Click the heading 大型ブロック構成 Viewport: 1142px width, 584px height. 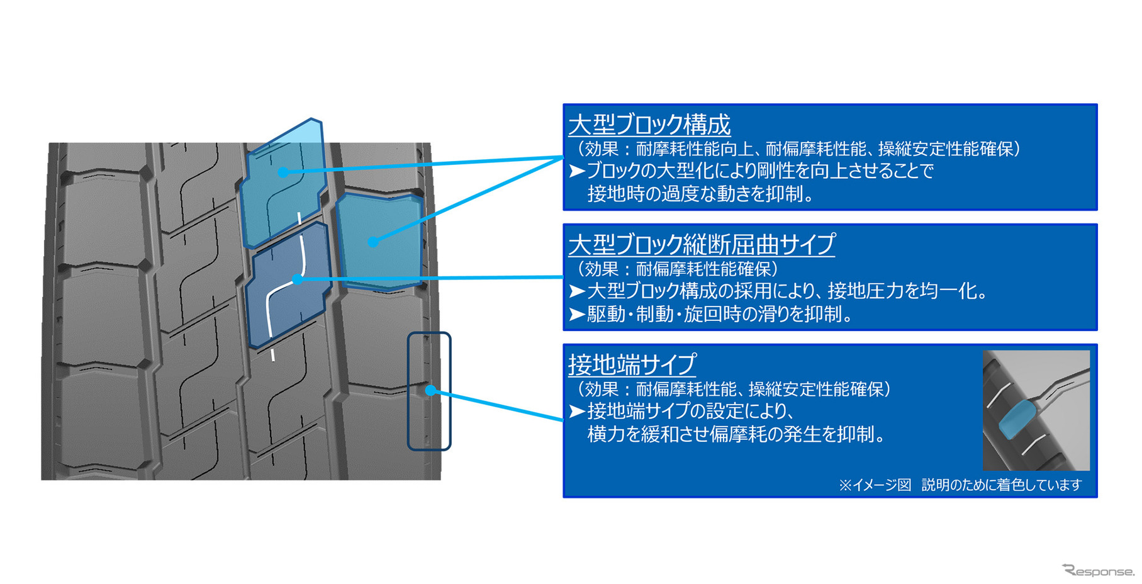point(649,125)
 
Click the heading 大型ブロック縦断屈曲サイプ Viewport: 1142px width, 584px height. point(702,244)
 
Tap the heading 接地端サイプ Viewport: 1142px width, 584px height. point(632,364)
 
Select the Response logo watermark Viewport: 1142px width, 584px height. point(1098,571)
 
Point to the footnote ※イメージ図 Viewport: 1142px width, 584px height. point(875,485)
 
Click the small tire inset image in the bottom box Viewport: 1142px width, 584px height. point(1036,410)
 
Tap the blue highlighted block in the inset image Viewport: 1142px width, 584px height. point(1017,419)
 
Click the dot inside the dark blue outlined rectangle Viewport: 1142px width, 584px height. point(430,390)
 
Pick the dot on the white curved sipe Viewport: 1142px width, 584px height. point(298,279)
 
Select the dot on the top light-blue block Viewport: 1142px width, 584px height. point(284,172)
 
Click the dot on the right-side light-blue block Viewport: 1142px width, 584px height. point(372,242)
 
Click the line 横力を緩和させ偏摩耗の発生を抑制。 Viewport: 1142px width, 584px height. point(736,434)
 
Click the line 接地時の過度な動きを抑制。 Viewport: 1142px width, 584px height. point(701,194)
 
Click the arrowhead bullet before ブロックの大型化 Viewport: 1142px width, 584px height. point(577,171)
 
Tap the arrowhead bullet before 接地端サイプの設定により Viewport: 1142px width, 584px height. point(577,411)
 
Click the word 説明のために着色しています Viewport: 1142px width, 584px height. point(1001,485)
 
